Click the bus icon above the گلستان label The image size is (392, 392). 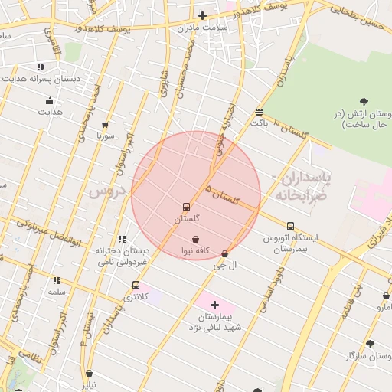pos(186,207)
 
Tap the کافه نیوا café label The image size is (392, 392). pos(195,250)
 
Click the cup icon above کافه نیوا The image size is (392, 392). pos(196,239)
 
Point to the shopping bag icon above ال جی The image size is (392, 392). pos(224,253)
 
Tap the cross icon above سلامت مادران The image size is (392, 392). pos(202,15)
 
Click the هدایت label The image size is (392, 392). pos(51,113)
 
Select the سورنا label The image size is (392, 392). pos(105,136)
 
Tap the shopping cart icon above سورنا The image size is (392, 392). pos(105,124)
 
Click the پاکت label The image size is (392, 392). pos(260,122)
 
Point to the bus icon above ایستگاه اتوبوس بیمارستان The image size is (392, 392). pos(290,226)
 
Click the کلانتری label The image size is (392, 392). pos(136,296)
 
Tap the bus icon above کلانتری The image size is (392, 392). pos(136,285)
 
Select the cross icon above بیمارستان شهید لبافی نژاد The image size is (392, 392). pos(214,305)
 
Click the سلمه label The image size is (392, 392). pos(57,292)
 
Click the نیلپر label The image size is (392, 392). pos(90,385)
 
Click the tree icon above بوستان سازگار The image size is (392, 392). pos(371,345)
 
